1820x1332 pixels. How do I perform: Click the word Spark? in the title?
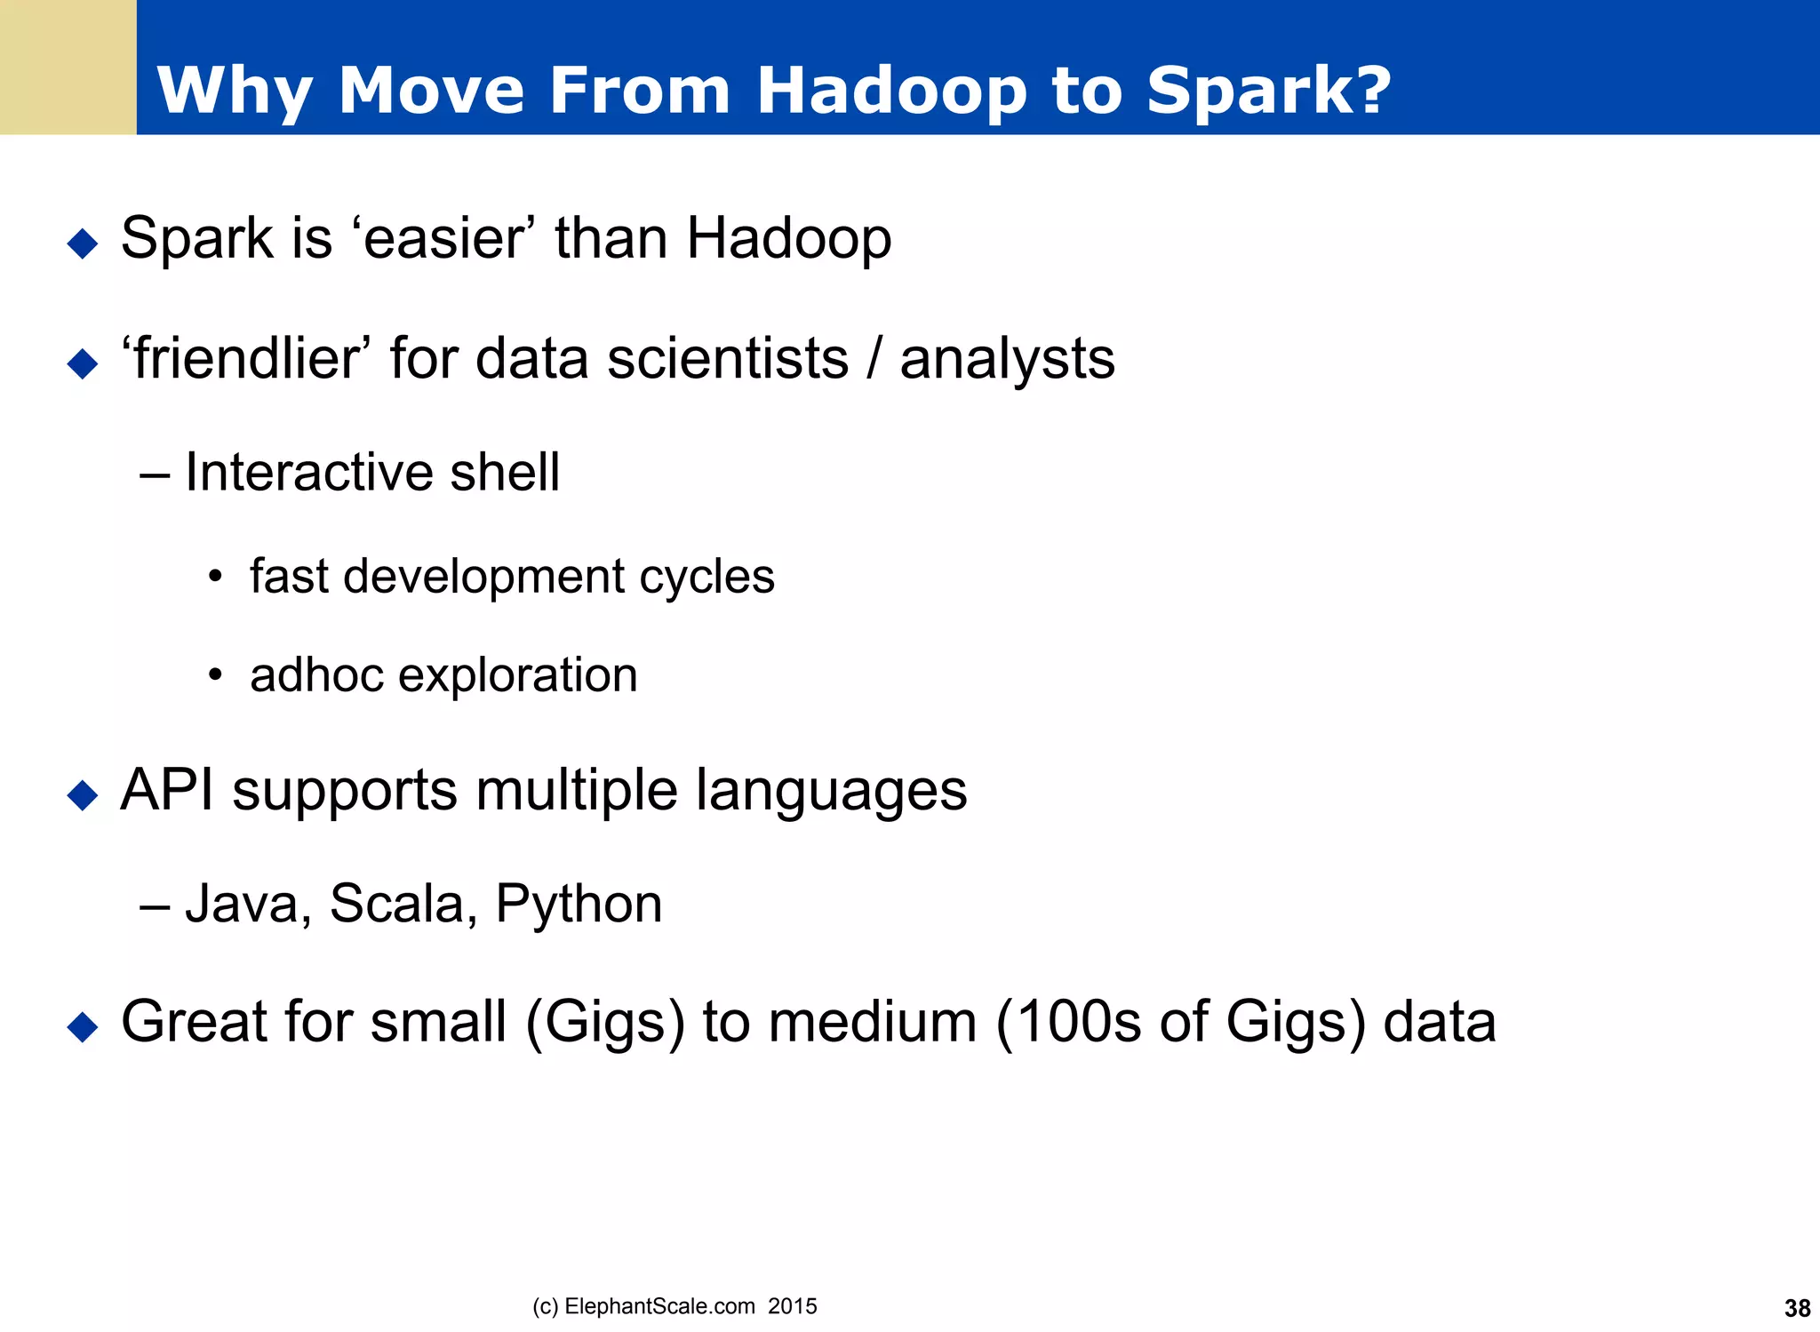tap(1268, 91)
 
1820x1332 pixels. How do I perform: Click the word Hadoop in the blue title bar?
tap(891, 91)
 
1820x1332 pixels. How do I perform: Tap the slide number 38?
tap(1797, 1308)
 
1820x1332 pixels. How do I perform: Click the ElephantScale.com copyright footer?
tap(675, 1306)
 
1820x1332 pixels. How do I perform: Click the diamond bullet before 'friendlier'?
tap(83, 363)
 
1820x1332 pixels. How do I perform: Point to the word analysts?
tap(1007, 360)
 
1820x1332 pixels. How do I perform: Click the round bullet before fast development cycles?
tap(214, 578)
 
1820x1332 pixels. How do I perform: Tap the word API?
tap(167, 789)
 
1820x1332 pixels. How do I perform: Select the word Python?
tap(579, 905)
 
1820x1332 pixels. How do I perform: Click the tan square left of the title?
tap(68, 67)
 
